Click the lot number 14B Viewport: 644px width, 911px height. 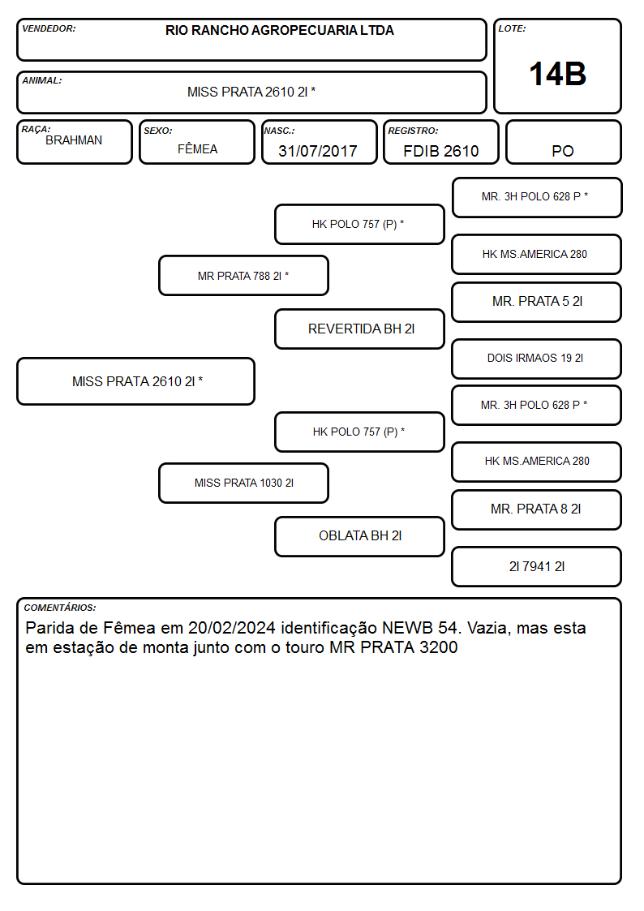tap(557, 74)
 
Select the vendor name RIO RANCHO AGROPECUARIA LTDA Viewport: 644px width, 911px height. tap(279, 30)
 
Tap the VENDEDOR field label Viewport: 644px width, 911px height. tap(49, 28)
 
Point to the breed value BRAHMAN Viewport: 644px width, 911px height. tap(74, 140)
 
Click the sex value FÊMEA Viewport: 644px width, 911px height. tap(197, 148)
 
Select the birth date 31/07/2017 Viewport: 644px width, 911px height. tap(318, 151)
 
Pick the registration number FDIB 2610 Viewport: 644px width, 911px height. tap(440, 151)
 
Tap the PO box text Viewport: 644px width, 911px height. tap(563, 151)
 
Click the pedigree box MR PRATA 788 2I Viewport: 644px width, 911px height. tap(243, 276)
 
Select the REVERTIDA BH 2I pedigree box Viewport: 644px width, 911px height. tap(359, 329)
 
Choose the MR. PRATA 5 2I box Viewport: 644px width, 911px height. tap(537, 302)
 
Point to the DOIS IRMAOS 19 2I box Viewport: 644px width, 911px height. tap(537, 359)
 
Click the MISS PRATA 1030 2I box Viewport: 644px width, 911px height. tap(243, 483)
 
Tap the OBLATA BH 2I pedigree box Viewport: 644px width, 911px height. tap(359, 536)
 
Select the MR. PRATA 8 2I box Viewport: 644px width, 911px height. tap(537, 509)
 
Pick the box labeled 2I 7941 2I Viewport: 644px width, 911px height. tap(537, 566)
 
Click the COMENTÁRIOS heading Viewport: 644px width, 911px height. tap(60, 608)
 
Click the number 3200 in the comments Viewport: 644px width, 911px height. tap(439, 647)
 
